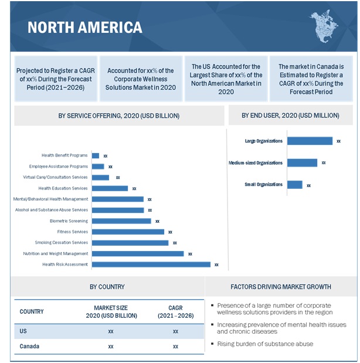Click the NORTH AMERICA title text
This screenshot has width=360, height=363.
click(85, 27)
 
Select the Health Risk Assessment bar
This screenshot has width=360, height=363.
click(151, 264)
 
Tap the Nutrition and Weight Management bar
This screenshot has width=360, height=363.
click(138, 254)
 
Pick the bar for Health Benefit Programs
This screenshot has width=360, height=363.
click(96, 155)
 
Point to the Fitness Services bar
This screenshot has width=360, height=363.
click(128, 232)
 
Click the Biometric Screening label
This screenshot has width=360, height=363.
click(69, 221)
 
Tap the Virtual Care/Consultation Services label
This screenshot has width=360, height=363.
click(56, 177)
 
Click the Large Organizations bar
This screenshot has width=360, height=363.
click(310, 141)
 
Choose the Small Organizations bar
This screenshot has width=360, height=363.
click(294, 185)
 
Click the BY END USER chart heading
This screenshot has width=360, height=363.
click(291, 116)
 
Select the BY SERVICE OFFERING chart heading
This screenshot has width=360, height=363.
click(119, 116)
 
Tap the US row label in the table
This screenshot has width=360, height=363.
click(23, 331)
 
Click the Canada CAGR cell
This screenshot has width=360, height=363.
click(175, 347)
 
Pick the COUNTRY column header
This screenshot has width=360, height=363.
click(32, 311)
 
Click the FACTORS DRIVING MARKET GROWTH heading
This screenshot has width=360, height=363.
click(281, 287)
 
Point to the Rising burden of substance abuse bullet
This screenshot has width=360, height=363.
click(265, 344)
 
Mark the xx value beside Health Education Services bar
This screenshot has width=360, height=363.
click(134, 189)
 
